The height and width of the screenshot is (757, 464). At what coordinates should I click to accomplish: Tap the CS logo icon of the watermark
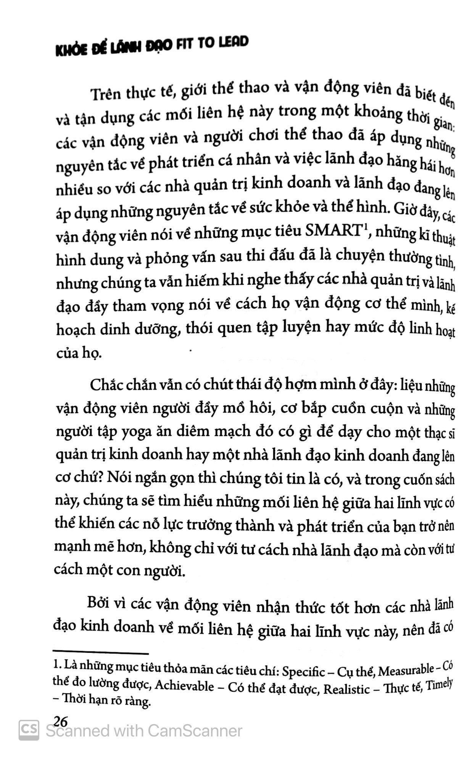(29, 730)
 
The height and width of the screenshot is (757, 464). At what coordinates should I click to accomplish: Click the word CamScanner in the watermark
(195, 731)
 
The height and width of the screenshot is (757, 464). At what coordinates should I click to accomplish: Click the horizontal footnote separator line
(101, 654)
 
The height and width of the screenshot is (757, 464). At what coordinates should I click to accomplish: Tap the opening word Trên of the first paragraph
(105, 94)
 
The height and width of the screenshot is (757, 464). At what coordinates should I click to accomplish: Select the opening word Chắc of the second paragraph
(106, 385)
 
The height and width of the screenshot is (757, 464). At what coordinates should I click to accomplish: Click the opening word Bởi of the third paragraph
(98, 604)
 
